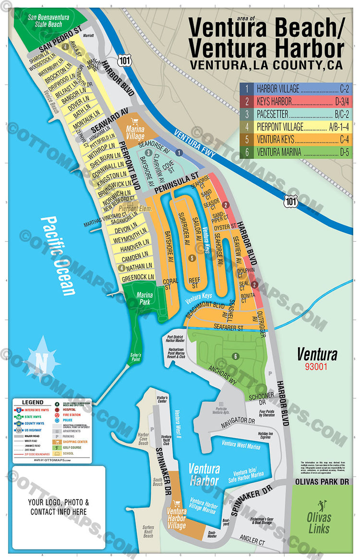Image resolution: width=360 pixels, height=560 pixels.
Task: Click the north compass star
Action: pyautogui.click(x=41, y=360)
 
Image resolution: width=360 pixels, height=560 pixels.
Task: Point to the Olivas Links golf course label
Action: pyautogui.click(x=319, y=523)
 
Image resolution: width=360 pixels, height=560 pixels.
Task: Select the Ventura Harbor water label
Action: pyautogui.click(x=204, y=475)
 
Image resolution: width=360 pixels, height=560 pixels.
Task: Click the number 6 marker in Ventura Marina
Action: pyautogui.click(x=235, y=356)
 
